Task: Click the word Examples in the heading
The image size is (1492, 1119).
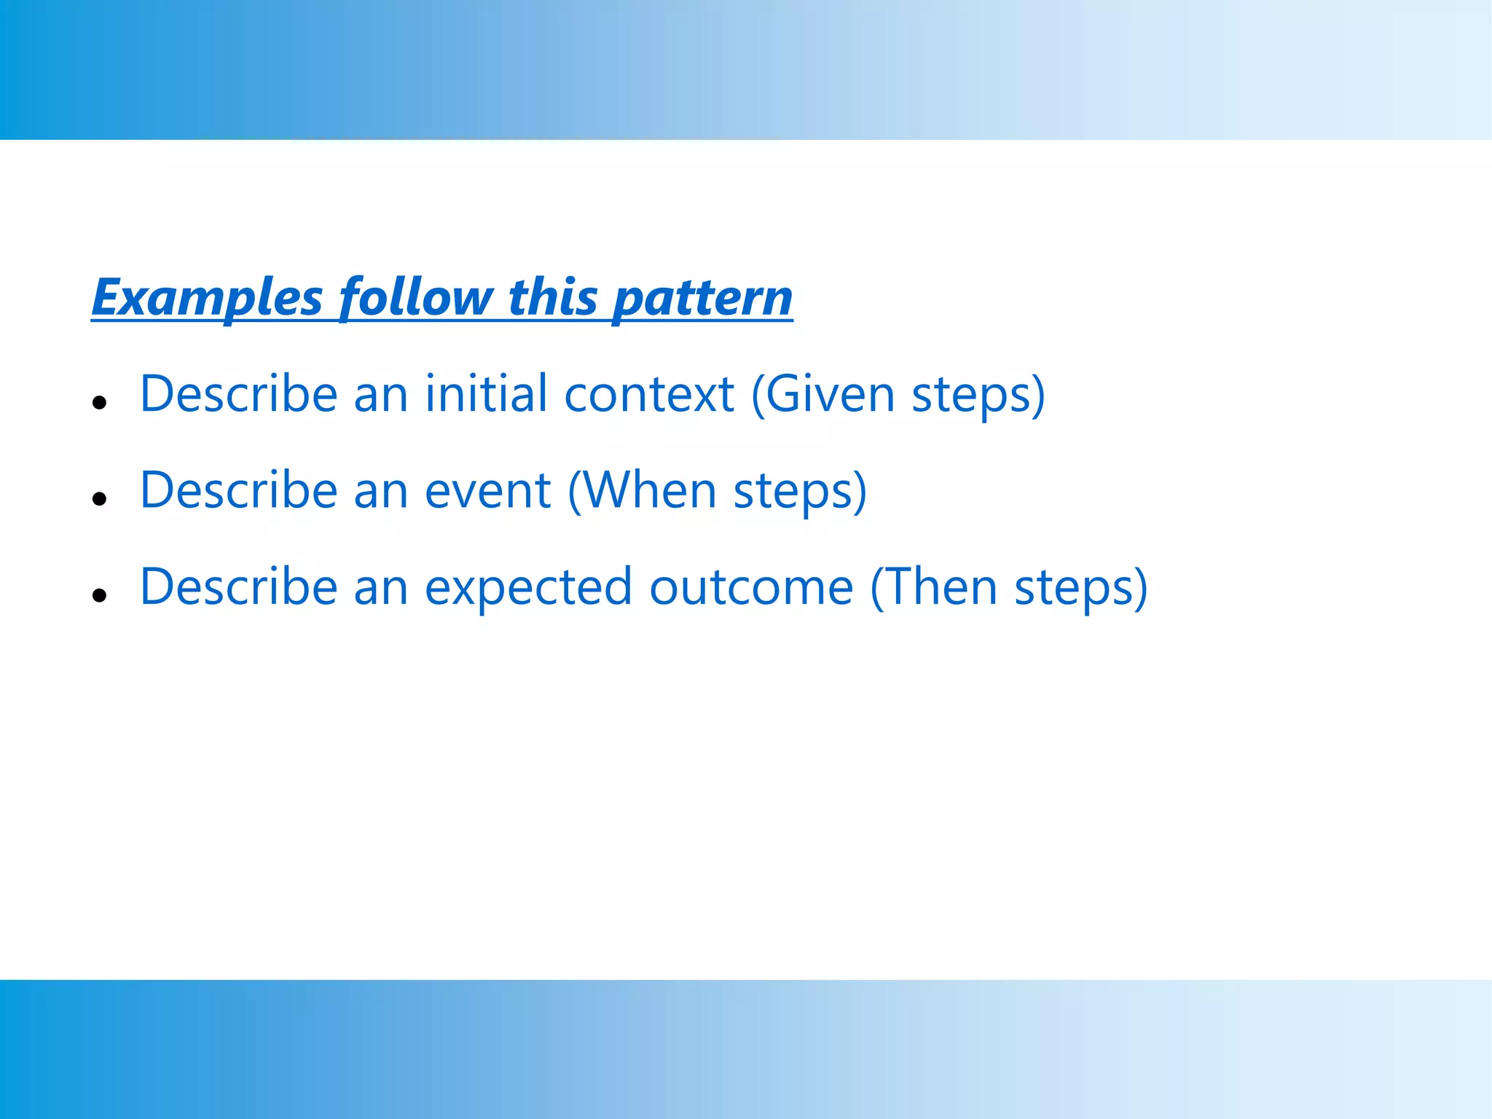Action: click(x=207, y=298)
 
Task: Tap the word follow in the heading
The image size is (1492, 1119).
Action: click(x=416, y=298)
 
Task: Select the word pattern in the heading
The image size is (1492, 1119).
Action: click(x=702, y=298)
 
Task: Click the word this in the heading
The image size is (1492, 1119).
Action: click(x=553, y=298)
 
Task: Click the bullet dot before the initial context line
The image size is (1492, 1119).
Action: click(x=100, y=402)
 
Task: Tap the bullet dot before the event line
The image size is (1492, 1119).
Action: click(x=100, y=499)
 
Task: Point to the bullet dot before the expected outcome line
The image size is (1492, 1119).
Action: click(x=100, y=595)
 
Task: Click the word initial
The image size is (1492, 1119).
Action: click(x=486, y=394)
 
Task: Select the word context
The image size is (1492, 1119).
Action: click(x=648, y=394)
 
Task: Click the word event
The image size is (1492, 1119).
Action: click(x=487, y=491)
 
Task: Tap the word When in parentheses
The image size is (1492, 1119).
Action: click(x=650, y=491)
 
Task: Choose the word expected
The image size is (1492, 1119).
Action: click(x=528, y=587)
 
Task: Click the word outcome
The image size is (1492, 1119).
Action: click(x=751, y=587)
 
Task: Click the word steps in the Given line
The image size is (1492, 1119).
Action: click(x=972, y=396)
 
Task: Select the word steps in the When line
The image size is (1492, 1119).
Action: click(x=793, y=492)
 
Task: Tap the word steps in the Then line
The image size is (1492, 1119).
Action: click(x=1074, y=589)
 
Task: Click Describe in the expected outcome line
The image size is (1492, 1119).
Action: click(x=239, y=587)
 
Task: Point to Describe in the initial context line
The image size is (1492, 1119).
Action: click(x=239, y=394)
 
